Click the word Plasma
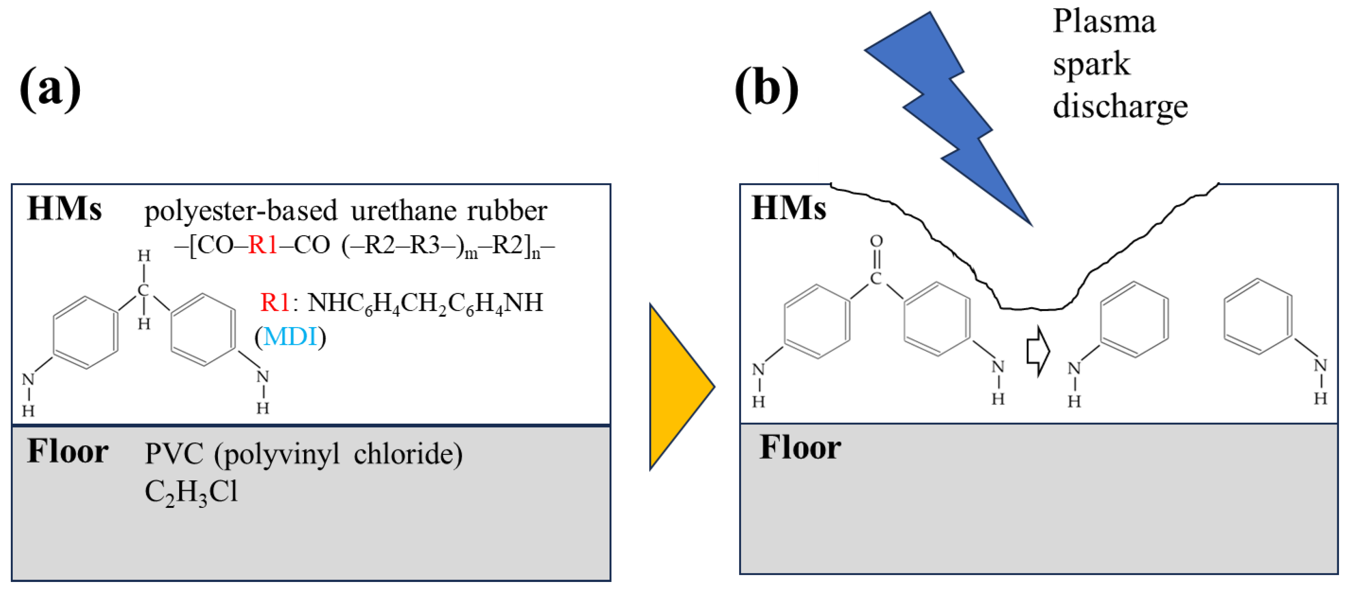(x=1104, y=22)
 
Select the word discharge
(x=1120, y=107)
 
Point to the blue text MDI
(x=290, y=336)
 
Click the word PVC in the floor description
(x=174, y=454)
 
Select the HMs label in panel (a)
(x=64, y=209)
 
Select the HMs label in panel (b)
(x=788, y=208)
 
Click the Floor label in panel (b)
(x=800, y=448)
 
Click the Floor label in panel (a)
(x=67, y=451)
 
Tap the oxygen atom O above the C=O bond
(x=876, y=241)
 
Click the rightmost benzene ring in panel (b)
(x=1258, y=317)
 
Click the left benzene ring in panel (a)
(x=85, y=332)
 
